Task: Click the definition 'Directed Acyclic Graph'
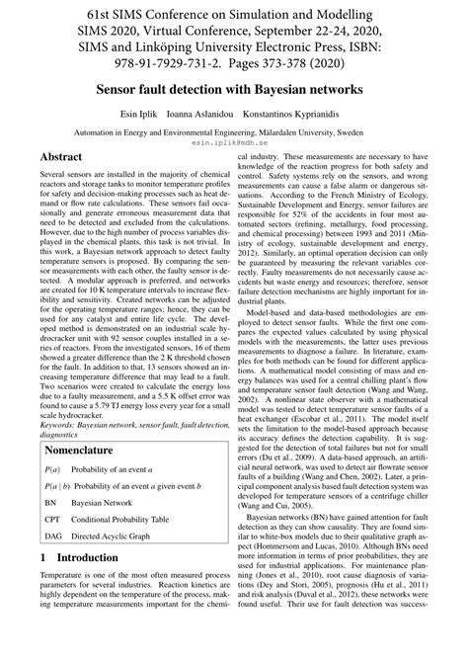pos(130,538)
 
